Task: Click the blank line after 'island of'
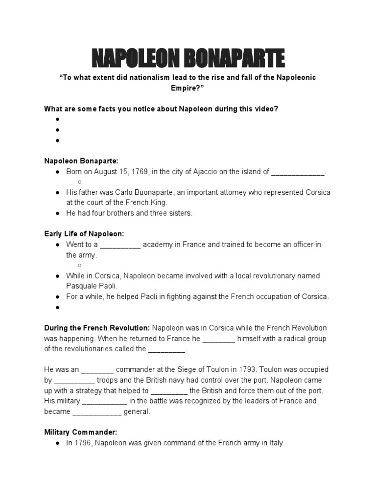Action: pos(298,172)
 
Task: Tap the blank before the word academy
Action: pos(120,245)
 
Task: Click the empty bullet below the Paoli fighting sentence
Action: pos(57,307)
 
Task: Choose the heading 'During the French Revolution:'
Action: pos(97,327)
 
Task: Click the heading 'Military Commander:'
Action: pos(81,433)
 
